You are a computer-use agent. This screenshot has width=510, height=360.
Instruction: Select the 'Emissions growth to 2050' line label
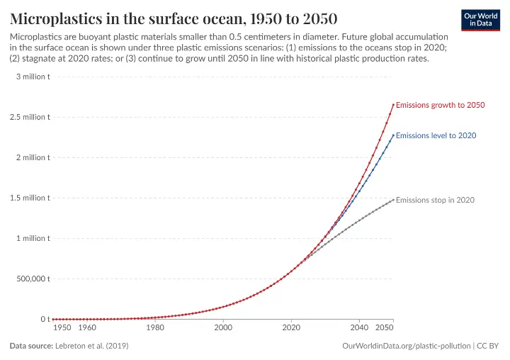[440, 105]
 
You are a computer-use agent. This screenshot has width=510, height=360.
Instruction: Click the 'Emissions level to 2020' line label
[436, 135]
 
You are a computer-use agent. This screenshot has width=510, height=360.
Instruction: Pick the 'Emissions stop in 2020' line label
[435, 201]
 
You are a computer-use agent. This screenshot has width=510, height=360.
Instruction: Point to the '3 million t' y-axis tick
[33, 77]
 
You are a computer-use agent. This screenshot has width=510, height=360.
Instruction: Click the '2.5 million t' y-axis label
[30, 117]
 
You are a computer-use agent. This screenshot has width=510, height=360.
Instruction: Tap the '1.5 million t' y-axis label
[30, 198]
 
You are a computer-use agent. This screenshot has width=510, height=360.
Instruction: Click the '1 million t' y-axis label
[33, 238]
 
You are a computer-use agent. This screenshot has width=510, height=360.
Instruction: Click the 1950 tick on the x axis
[62, 327]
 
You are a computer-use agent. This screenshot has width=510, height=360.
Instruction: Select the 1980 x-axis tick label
[155, 327]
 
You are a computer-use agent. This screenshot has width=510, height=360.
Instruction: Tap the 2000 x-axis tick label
[223, 327]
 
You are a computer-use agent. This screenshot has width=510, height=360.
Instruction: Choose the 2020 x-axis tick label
[291, 327]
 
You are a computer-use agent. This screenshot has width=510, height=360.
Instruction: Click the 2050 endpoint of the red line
[393, 105]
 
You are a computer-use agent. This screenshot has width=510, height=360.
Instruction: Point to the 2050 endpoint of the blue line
[393, 135]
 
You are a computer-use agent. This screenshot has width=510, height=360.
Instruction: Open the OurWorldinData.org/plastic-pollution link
[407, 346]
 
